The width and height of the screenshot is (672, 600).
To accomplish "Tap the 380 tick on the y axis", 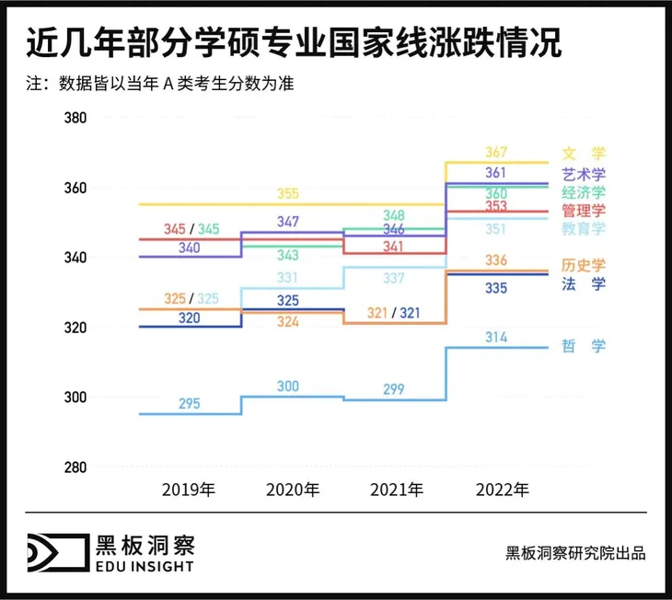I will pos(75,119).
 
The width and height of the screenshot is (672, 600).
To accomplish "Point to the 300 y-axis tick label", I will pos(75,398).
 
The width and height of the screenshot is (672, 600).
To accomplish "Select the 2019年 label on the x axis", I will pos(189,489).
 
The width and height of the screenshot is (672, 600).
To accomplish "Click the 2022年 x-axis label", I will pos(503,489).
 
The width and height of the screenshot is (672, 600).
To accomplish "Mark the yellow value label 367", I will pos(496,153).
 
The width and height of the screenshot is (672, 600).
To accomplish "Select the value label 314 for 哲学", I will pos(496,338).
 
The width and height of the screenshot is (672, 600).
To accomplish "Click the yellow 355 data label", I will pos(287,193).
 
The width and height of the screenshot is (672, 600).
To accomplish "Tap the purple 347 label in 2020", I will pos(287,222).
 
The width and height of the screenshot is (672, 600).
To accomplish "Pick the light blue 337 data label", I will pos(394,278).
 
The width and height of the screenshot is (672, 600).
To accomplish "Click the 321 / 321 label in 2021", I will pos(394,313).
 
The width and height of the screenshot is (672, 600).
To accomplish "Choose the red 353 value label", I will pos(496,206).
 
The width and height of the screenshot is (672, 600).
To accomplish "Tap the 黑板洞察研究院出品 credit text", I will pos(575,553).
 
